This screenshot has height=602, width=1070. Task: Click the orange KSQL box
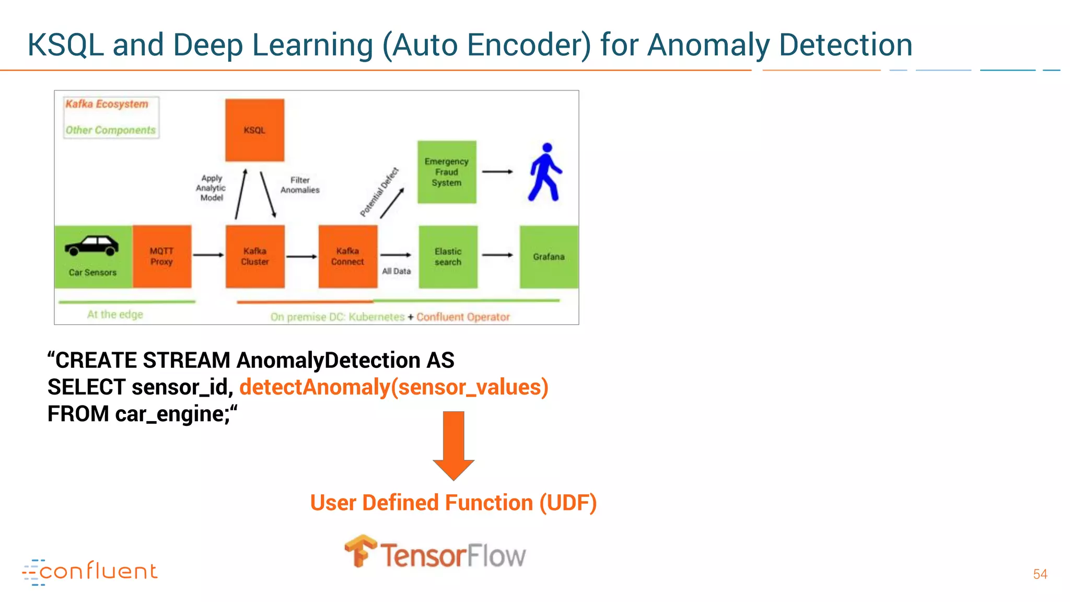click(254, 130)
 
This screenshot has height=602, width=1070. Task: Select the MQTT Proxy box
click(162, 256)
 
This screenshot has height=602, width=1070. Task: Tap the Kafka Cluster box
click(255, 256)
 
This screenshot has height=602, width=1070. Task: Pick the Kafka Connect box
click(348, 256)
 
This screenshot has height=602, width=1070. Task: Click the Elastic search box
click(448, 257)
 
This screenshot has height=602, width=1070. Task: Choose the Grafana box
click(549, 257)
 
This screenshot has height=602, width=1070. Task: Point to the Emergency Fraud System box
click(447, 172)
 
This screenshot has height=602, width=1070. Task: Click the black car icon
click(92, 246)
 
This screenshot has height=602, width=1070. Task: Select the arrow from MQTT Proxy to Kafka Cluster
click(208, 255)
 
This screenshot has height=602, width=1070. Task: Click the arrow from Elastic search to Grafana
click(497, 255)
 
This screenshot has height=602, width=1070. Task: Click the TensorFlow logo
click(435, 553)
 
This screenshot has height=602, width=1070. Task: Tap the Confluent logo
click(90, 572)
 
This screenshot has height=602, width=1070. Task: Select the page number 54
click(1040, 574)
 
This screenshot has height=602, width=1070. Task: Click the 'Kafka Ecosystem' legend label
click(107, 104)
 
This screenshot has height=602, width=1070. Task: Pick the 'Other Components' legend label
click(110, 130)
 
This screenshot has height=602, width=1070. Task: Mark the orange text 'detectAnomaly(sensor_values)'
click(394, 387)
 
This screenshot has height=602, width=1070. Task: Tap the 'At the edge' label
click(115, 315)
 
